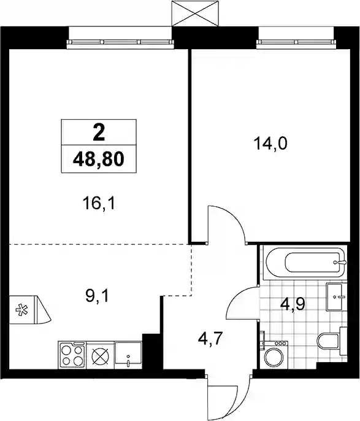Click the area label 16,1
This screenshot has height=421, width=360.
[x=99, y=204]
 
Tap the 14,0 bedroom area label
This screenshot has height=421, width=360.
[x=270, y=144]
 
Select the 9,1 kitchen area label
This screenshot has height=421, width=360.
[x=96, y=296]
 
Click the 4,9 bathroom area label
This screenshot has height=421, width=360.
[x=293, y=305]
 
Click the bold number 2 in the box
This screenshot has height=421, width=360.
[x=99, y=133]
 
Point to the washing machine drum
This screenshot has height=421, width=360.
[x=274, y=358]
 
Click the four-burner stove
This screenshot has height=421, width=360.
[x=72, y=355]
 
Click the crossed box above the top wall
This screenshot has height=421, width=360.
[x=195, y=13]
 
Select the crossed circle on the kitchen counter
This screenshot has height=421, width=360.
[x=101, y=356]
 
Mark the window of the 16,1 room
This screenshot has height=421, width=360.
[x=120, y=42]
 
